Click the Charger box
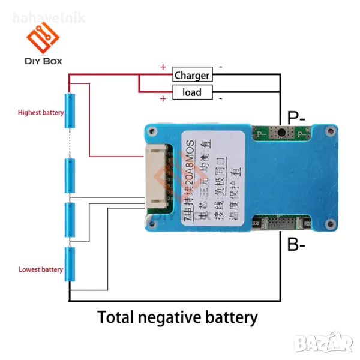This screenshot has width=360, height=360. pos(192,75)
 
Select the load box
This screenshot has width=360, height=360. pos(192,92)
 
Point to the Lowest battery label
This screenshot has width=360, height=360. pos(41,269)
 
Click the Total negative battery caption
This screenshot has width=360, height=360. pos(178,317)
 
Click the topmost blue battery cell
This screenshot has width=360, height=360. pos(70,111)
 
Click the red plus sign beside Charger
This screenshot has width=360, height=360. pos(163,67)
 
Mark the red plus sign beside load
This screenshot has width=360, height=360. pos(163,98)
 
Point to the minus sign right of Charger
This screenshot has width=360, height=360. pos(220,67)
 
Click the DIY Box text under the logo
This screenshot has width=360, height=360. pos(43,61)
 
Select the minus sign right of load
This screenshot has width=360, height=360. pos(220,98)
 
